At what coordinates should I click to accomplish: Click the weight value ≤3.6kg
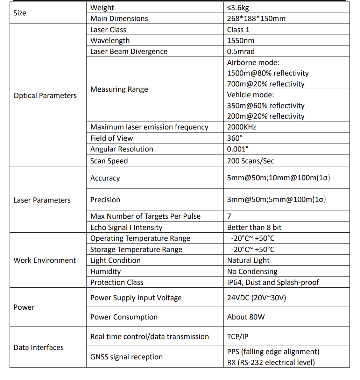coord(238,8)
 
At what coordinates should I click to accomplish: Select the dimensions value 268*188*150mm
coord(256,19)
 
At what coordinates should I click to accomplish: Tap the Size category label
coord(20,13)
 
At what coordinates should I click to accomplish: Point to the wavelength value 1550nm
coord(241,41)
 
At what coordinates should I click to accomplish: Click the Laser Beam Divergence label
coord(129,51)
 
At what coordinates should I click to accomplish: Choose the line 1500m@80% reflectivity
coord(268,73)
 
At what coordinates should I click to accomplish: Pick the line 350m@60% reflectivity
coord(266,106)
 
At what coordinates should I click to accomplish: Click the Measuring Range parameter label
coord(119,89)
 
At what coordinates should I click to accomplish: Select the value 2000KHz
coord(241,127)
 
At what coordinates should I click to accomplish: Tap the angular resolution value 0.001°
coord(238,149)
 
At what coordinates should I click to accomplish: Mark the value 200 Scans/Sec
coord(250,161)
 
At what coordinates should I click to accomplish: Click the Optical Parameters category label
coord(45,96)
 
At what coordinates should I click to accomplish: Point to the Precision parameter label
coord(105,200)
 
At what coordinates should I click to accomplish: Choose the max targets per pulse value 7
coord(229,216)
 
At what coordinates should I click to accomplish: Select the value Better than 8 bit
coord(254,227)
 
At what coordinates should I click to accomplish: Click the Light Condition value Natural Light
coord(248,260)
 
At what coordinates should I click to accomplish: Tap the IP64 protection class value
coord(273,282)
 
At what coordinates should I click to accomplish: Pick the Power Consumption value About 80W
coord(246,317)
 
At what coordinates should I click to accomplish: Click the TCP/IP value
coord(238,337)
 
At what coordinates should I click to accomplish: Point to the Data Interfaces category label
coord(38,347)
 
